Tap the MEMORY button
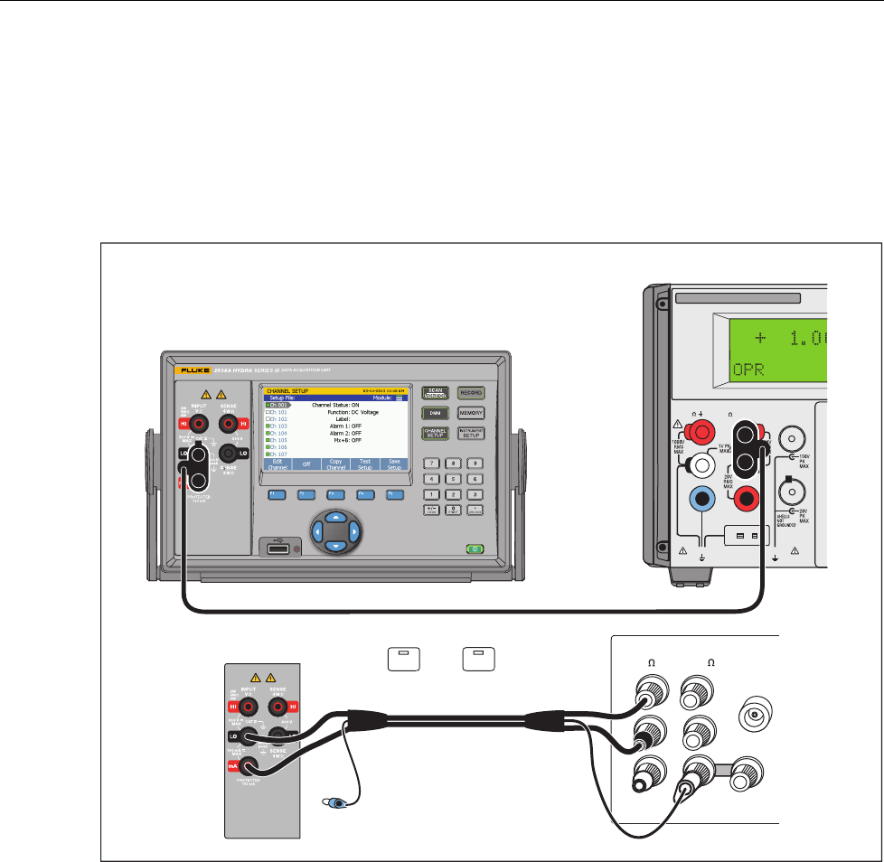(471, 413)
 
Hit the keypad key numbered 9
(471, 464)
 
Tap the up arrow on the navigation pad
(335, 518)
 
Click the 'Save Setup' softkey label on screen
(393, 464)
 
